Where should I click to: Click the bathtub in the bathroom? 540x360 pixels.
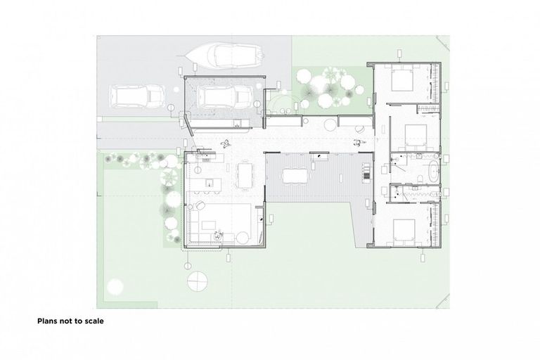[x=428, y=171]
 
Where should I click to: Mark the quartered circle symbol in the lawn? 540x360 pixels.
[x=198, y=280]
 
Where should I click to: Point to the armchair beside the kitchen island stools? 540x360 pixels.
[x=200, y=205]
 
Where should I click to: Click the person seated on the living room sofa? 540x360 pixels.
[x=219, y=236]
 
